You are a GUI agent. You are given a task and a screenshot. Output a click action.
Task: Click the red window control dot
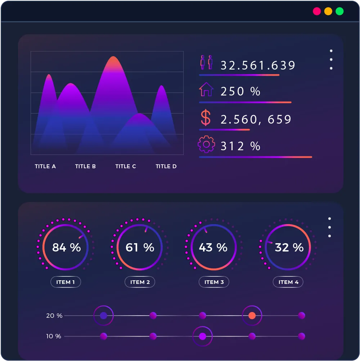coord(317,11)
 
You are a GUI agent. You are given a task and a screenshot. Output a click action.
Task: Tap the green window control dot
coord(339,11)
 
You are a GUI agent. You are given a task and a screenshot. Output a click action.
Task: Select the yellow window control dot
coord(328,11)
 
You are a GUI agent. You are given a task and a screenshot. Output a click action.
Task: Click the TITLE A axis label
coord(45,166)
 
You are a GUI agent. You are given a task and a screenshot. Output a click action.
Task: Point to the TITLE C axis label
coord(126,166)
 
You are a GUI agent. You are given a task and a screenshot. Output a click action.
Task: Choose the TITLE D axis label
coord(166,166)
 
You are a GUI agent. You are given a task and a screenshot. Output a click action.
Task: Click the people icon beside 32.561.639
coord(207,63)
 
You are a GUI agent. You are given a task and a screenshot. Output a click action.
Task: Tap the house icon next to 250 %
coord(206,89)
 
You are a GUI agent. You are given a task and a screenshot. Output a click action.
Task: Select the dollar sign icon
coord(206,118)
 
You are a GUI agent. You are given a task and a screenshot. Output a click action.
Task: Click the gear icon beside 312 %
coord(206,144)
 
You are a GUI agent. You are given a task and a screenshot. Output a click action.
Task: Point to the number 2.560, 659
coord(256,119)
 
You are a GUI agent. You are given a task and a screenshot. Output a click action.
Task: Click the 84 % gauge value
coord(66,247)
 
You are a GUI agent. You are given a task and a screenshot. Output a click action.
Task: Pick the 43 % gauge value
coord(213,247)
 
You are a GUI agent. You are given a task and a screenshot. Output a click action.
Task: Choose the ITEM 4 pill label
coord(288,282)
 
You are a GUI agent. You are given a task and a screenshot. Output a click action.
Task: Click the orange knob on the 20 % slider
coord(252,316)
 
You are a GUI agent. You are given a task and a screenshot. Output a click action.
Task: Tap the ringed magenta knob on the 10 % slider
coord(203,337)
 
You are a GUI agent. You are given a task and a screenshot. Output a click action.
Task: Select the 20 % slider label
coord(54,316)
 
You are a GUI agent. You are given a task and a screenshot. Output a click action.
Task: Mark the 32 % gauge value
coord(289,247)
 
